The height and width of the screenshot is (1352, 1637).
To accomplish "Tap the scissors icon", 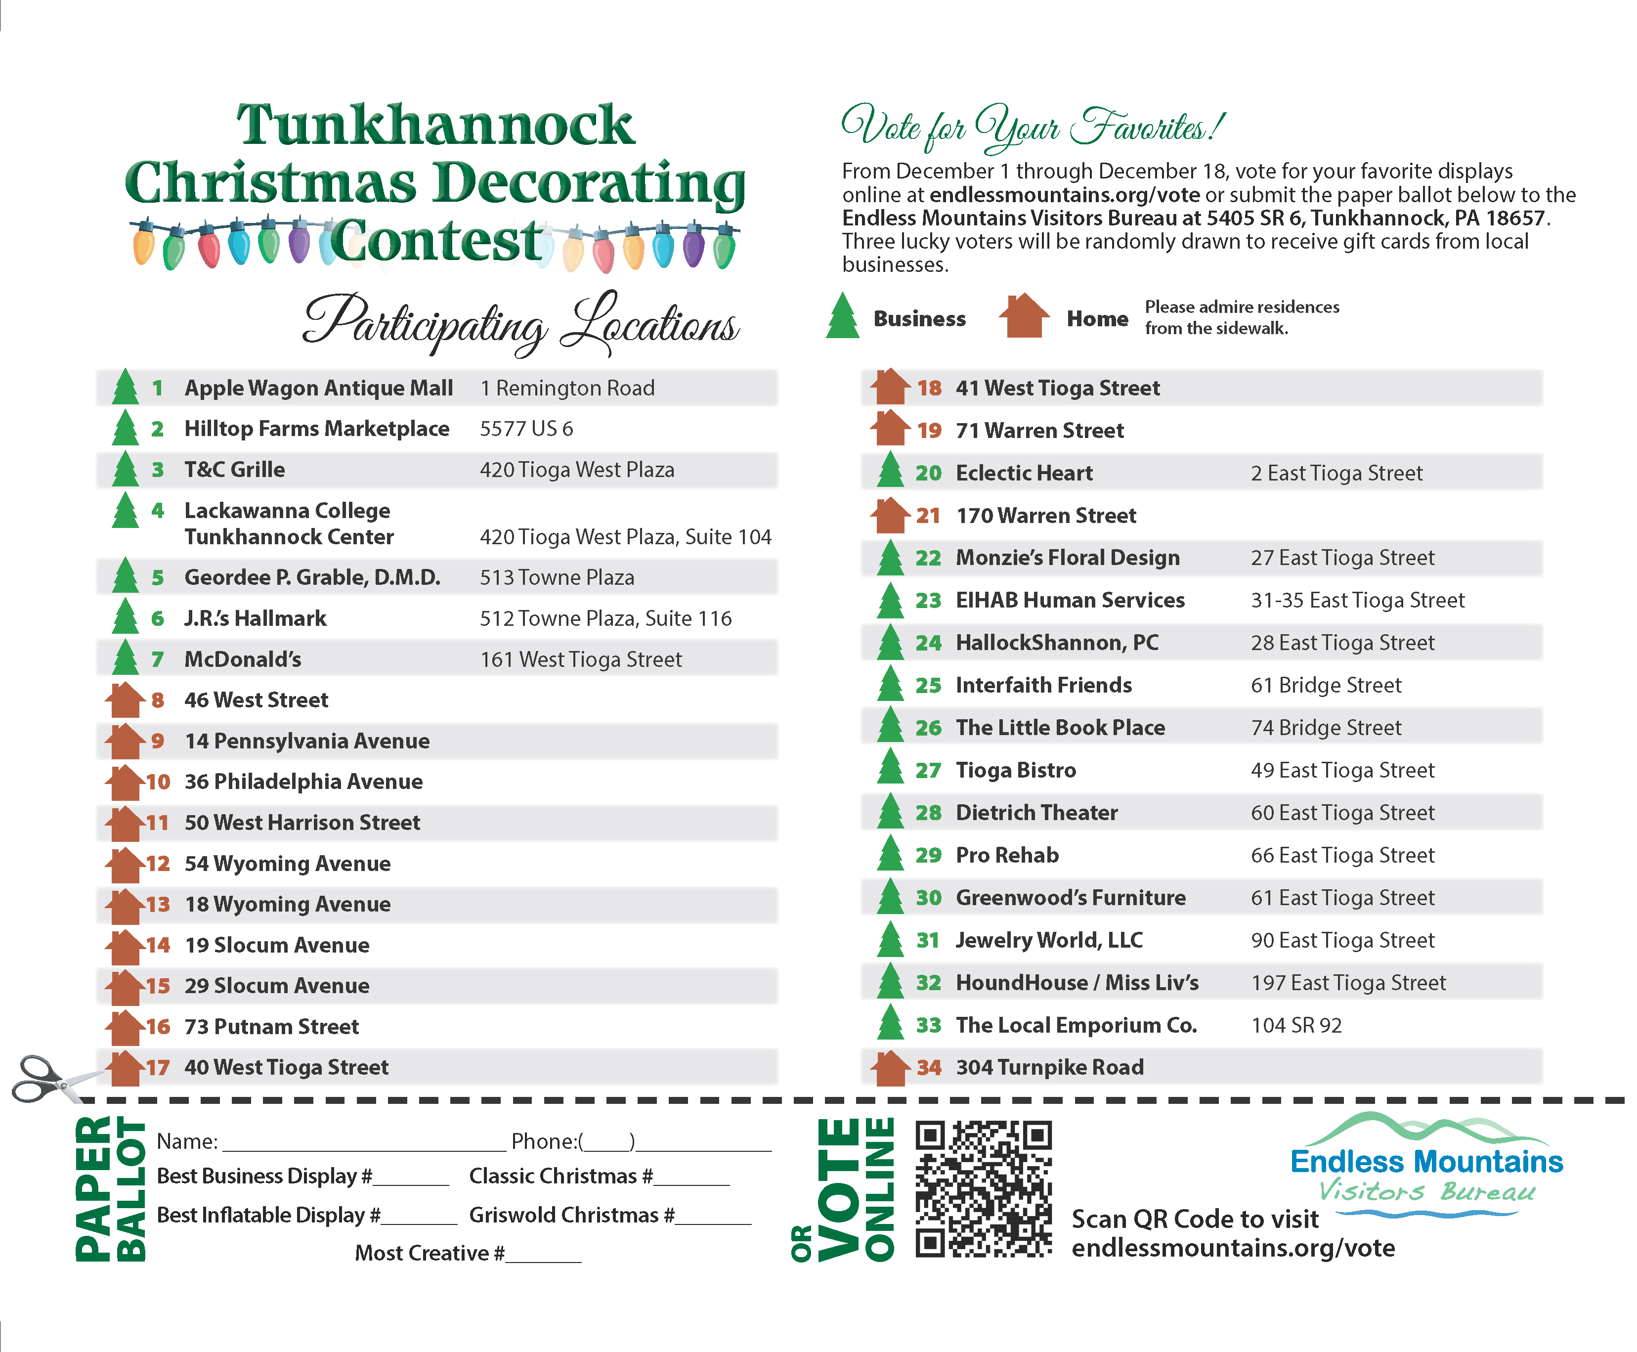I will click(x=45, y=1079).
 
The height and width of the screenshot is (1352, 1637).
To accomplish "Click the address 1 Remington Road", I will click(x=567, y=388).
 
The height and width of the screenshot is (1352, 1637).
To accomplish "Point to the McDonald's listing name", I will click(x=242, y=659).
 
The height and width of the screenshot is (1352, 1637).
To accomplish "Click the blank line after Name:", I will click(x=364, y=1144).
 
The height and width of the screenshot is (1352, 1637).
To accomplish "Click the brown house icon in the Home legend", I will click(x=1023, y=316).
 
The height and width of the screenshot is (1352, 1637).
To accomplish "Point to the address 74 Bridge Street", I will click(x=1326, y=727).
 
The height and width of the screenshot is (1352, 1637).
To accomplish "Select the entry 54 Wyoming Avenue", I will click(x=287, y=864).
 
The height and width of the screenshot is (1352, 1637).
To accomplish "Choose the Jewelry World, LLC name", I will click(x=1048, y=941).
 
